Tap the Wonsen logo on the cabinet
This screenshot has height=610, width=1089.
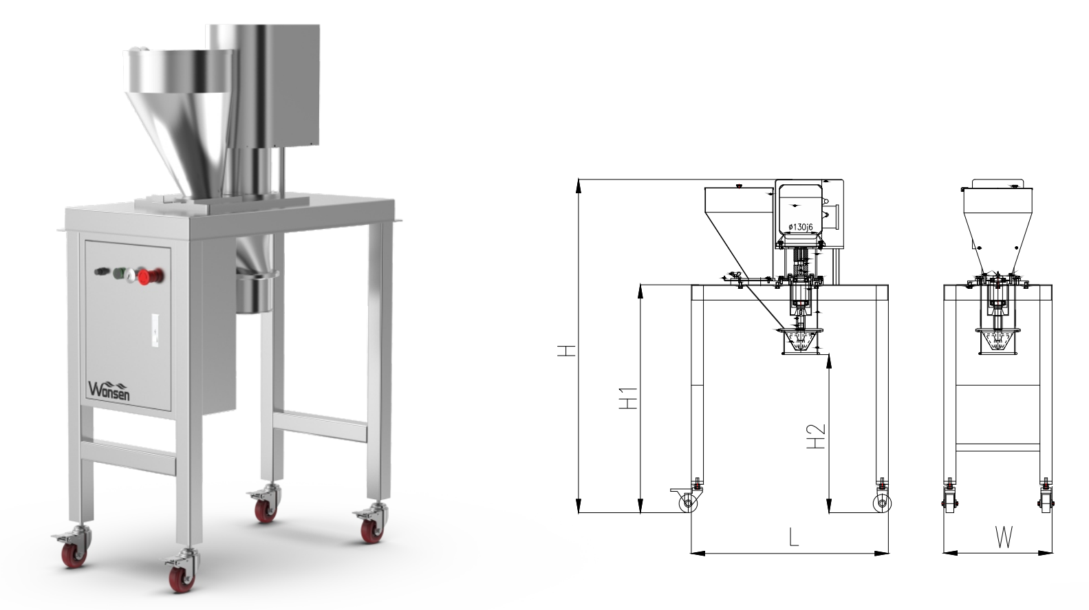pos(109,390)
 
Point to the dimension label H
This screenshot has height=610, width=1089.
pos(566,351)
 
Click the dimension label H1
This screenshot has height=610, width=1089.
pos(628,400)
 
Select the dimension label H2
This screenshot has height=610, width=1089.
pos(816,436)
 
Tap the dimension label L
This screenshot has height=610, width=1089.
pos(793,536)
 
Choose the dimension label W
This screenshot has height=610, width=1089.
pos(1004,537)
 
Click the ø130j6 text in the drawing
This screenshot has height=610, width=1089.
pos(801,226)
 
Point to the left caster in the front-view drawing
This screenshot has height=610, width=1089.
pos(688,503)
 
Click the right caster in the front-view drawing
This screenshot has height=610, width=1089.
pos(881,504)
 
